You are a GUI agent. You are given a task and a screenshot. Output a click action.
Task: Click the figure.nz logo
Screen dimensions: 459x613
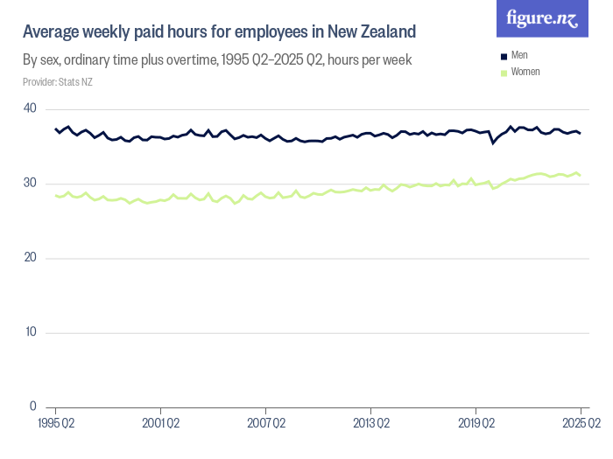click(x=543, y=18)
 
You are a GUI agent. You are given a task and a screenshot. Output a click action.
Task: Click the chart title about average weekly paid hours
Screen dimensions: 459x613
click(x=219, y=32)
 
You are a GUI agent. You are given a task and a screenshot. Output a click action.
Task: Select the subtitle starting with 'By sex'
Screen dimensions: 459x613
click(x=217, y=60)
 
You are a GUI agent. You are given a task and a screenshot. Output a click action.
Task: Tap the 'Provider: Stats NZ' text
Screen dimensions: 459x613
click(x=58, y=82)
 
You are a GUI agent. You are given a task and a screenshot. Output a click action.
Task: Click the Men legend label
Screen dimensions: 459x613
click(x=518, y=56)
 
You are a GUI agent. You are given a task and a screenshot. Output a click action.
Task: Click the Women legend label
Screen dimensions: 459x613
click(x=525, y=72)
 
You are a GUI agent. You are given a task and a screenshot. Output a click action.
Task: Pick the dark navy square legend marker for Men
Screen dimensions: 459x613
click(x=504, y=56)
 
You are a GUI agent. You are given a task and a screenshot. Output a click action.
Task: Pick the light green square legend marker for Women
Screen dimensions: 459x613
click(x=504, y=72)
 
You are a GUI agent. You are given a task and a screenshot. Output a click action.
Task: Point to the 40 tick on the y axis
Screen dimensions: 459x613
click(x=30, y=108)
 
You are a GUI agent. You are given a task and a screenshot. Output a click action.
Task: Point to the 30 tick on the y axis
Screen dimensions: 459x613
click(x=30, y=183)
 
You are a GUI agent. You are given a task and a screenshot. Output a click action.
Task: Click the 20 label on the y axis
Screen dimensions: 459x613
click(x=30, y=258)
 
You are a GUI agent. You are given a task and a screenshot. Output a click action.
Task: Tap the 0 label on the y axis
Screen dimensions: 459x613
click(x=33, y=407)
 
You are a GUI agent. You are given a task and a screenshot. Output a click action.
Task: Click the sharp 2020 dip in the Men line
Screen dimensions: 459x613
click(x=493, y=143)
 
